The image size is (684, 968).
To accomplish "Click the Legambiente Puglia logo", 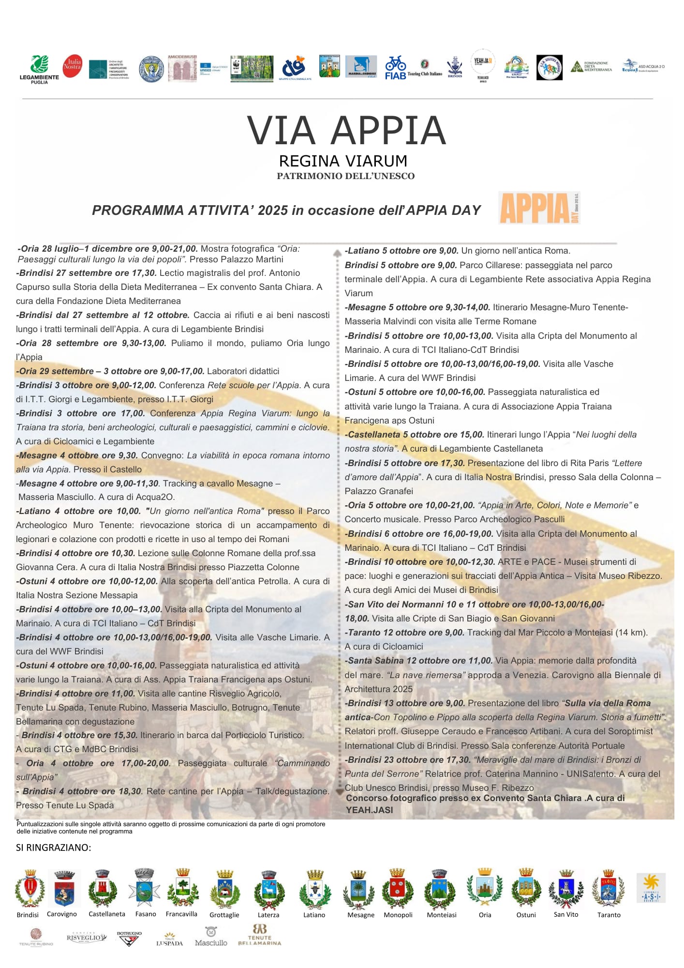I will coord(39,68).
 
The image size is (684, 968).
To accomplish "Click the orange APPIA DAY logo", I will coord(539,208).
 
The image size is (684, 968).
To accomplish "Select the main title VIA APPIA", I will coord(346,131).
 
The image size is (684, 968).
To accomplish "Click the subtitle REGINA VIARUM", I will coord(343,161).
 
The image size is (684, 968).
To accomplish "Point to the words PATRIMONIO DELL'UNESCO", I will coord(345,176).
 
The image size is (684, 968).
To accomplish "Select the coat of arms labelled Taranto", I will coord(608,889).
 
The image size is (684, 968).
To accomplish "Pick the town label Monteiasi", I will coord(441,915).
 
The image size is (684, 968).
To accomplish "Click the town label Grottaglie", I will coord(224,915).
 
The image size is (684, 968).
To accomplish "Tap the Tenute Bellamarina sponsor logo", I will coord(260,935).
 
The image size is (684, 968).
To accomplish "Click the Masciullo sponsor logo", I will coord(211,937).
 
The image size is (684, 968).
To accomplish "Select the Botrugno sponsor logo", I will coord(129,938).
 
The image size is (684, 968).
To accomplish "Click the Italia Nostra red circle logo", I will coord(73,66).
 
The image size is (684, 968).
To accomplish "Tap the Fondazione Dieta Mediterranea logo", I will coord(591,67).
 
